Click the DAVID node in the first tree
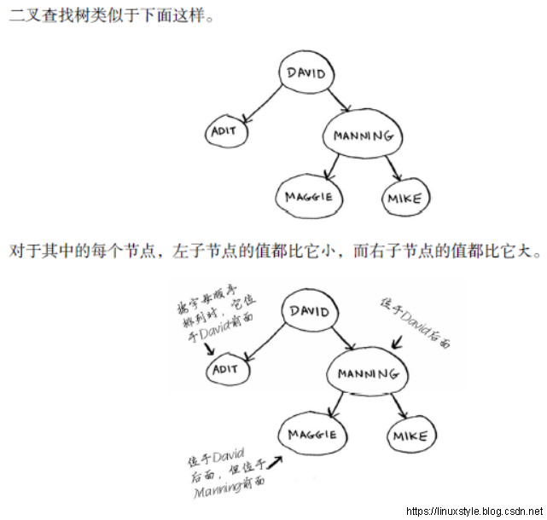[306, 73]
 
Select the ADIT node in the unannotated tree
[226, 131]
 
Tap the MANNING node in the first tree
[364, 136]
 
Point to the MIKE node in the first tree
[404, 199]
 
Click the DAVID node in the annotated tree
[309, 311]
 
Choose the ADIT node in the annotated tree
[228, 370]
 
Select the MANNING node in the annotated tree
[367, 373]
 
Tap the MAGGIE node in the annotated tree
[311, 435]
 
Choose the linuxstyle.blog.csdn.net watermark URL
[474, 511]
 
